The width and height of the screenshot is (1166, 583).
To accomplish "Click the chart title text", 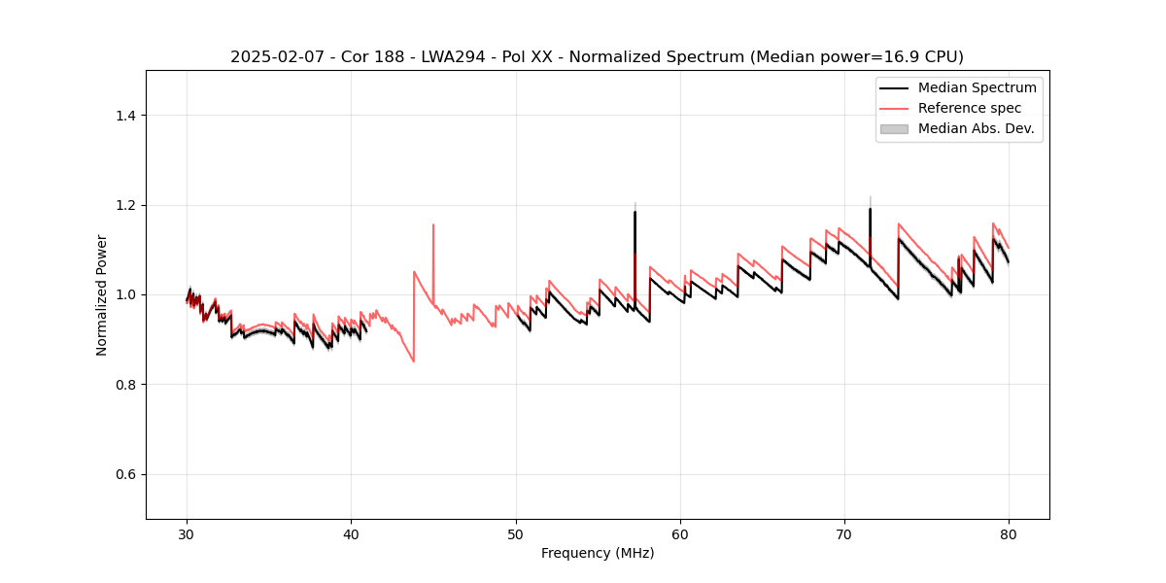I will point(597,57).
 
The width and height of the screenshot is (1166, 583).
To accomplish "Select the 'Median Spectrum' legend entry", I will point(977,87).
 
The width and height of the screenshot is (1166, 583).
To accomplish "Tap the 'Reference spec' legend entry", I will point(970,108).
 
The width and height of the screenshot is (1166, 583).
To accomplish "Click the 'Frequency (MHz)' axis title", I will point(598,553).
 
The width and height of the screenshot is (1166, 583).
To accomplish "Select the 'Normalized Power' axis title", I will point(102,294).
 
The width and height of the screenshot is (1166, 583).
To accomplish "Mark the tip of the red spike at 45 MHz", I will point(433,224).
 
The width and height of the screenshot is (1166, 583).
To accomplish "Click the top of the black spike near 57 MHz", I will point(634,212).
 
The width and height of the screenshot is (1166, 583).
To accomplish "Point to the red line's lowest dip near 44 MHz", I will point(414,361).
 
